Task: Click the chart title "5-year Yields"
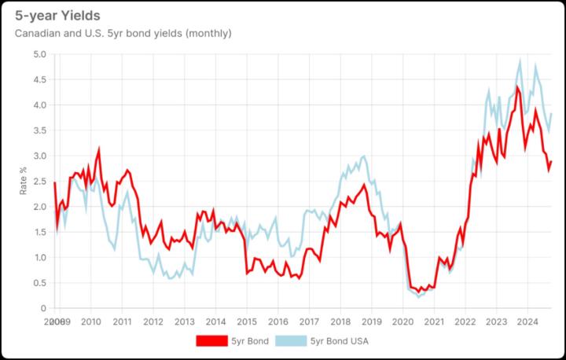coord(57,16)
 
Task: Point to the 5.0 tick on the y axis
coord(39,54)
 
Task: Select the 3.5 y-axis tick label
coord(39,130)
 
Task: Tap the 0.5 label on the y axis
coord(39,283)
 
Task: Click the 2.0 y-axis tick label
coord(39,207)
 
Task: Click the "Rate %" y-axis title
coord(23,180)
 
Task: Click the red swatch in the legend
coord(211,341)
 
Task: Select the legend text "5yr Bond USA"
coord(340,341)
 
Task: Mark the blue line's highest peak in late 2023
coord(520,61)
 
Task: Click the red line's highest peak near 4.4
coord(517,86)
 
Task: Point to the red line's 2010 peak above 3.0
coord(99,149)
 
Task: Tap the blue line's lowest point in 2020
coord(419,296)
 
